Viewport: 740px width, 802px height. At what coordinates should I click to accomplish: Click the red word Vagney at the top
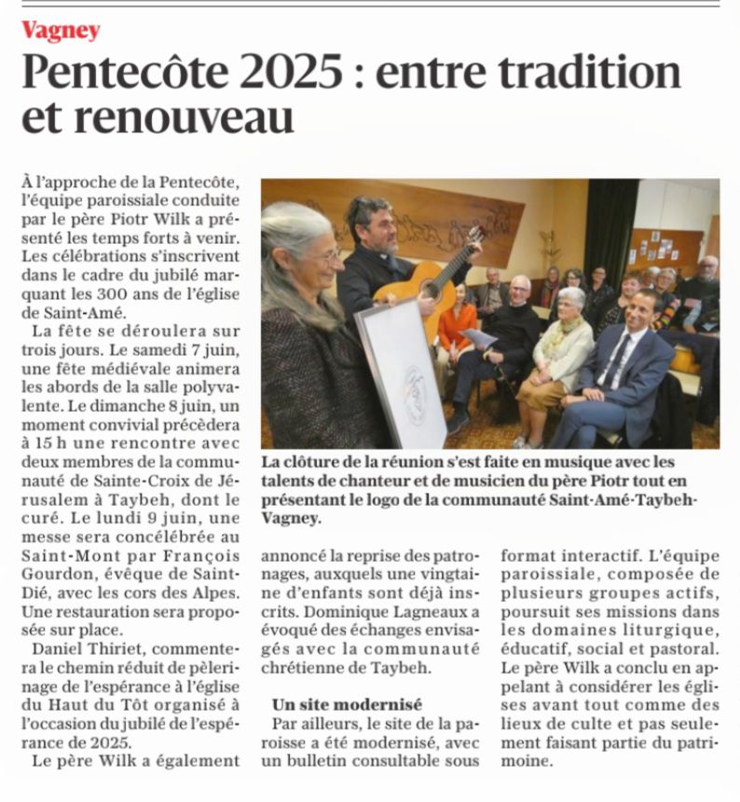(x=61, y=30)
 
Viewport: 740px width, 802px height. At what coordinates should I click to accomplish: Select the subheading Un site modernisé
(x=347, y=704)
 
